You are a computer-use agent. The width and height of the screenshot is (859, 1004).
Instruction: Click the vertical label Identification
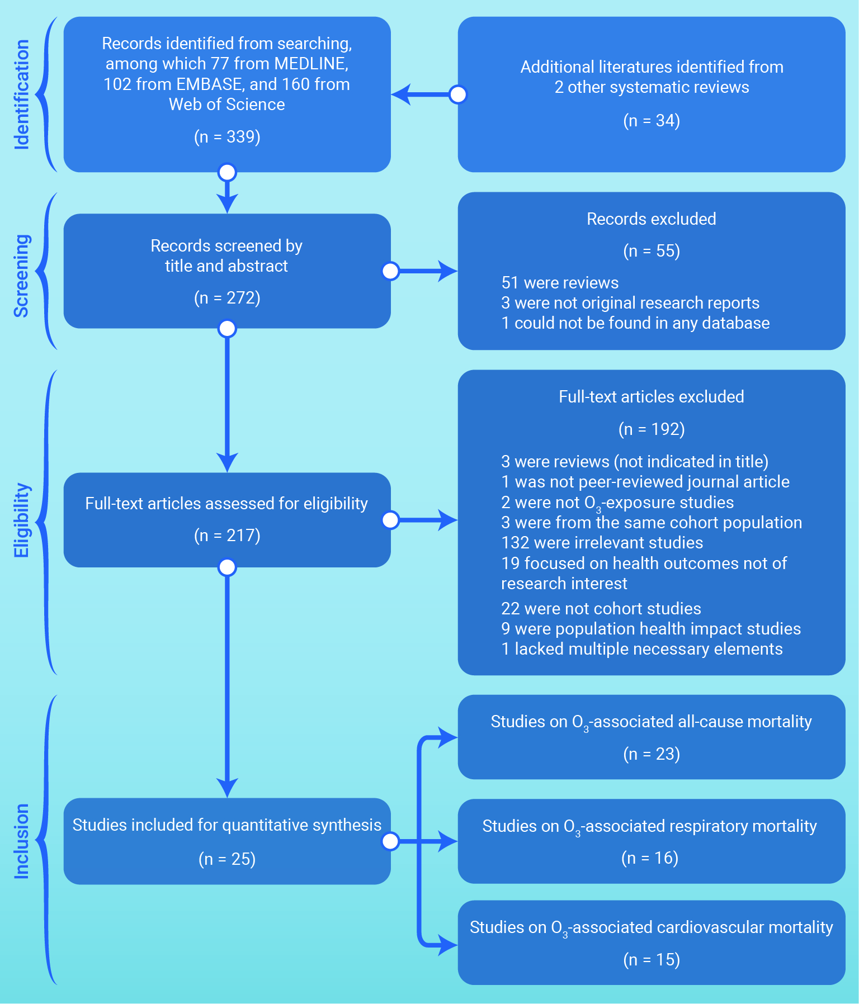coord(21,94)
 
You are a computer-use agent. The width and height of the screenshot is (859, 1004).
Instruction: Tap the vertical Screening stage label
coord(21,276)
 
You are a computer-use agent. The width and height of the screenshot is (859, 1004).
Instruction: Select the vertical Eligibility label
coord(21,520)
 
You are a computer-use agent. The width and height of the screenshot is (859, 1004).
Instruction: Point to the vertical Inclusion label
coord(21,841)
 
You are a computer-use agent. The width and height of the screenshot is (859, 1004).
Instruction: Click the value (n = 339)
coord(227,137)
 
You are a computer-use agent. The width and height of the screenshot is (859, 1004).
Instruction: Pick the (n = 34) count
coord(652,121)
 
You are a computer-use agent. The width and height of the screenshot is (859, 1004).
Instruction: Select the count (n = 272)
coord(227,298)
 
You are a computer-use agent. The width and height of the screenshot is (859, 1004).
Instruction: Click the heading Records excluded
coord(652,219)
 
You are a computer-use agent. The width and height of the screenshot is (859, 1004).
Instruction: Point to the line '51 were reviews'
coord(560,283)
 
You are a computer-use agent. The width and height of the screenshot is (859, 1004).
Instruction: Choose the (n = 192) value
coord(652,429)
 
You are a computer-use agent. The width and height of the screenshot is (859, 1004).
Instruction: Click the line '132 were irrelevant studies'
coord(602,543)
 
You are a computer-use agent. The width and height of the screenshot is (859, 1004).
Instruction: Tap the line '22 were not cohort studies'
coord(601,609)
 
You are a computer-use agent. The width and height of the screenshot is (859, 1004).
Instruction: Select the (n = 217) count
coord(227,536)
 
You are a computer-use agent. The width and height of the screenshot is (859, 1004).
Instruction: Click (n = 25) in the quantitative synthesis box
coord(227,859)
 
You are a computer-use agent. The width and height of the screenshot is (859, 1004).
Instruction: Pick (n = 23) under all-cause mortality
coord(652,754)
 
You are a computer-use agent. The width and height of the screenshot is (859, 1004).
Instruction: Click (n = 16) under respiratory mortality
coord(650,858)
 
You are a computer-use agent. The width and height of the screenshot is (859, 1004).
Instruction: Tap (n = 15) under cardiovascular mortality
coord(652,960)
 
